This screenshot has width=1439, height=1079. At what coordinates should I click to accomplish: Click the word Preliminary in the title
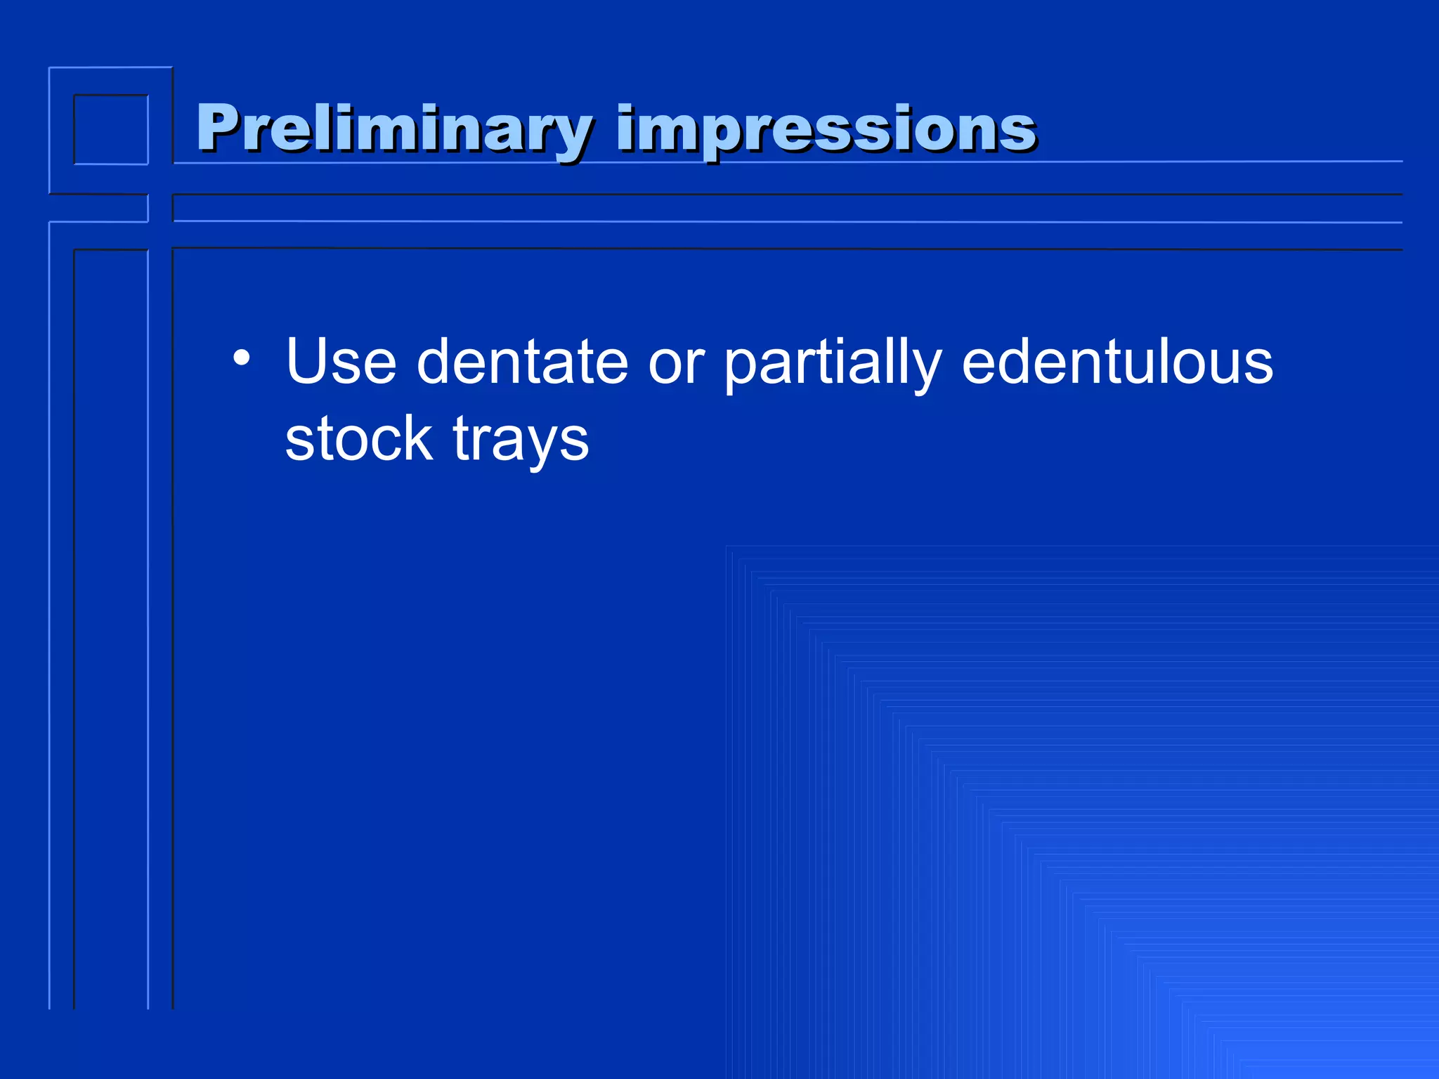pyautogui.click(x=393, y=129)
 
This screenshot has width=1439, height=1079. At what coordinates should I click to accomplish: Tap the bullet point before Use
pyautogui.click(x=242, y=358)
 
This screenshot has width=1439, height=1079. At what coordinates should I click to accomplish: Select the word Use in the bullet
pyautogui.click(x=341, y=362)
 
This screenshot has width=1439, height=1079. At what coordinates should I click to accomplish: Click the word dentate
pyautogui.click(x=522, y=362)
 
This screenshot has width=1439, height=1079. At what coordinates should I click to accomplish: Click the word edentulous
pyautogui.click(x=1117, y=362)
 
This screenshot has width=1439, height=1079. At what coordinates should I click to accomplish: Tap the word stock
pyautogui.click(x=358, y=439)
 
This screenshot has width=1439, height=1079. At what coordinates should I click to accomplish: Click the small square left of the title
pyautogui.click(x=111, y=129)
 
